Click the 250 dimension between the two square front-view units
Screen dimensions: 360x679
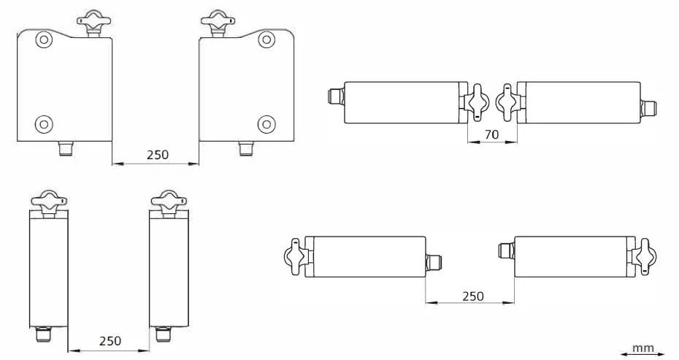[x=156, y=155]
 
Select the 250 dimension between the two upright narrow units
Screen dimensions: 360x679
[x=110, y=341]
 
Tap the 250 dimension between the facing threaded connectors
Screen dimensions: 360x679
[x=473, y=296]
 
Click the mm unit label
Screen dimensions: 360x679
[x=642, y=349]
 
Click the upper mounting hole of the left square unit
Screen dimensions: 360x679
[x=44, y=39]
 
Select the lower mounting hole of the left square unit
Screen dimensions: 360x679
[x=44, y=122]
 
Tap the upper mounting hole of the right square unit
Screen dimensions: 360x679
[x=266, y=39]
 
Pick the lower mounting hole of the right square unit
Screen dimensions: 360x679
[x=266, y=122]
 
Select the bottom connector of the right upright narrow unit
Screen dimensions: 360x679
[x=162, y=337]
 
